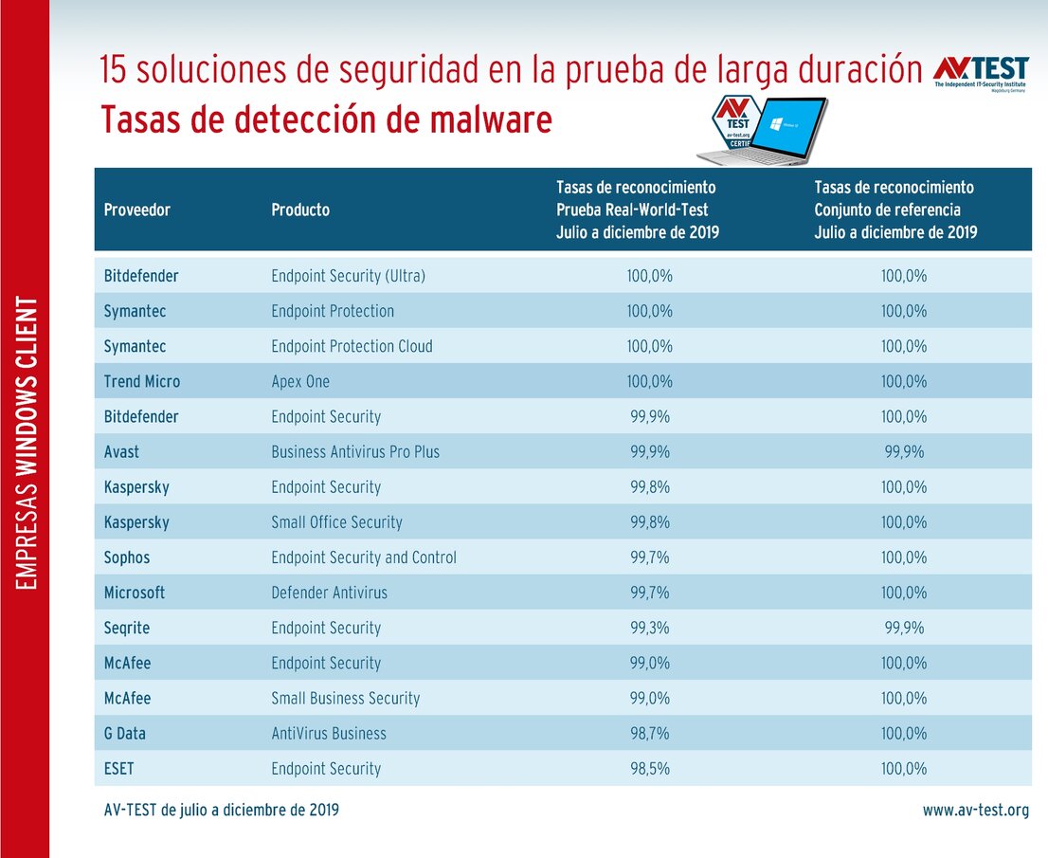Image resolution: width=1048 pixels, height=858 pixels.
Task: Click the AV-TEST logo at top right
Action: [x=980, y=73]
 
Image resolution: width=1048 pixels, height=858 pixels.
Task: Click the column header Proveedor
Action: [x=137, y=210]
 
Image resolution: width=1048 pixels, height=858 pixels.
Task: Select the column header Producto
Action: [x=300, y=210]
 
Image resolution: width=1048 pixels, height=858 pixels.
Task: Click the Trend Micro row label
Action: [x=142, y=381]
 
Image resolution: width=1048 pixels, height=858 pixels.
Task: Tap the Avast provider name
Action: [x=121, y=451]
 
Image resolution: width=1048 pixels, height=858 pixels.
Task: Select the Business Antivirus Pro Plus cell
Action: [x=355, y=451]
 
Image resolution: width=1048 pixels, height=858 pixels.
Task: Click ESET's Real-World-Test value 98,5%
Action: [x=649, y=768]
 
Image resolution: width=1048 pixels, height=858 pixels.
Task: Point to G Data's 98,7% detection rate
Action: [x=649, y=733]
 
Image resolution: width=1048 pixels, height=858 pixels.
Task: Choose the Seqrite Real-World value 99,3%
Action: [x=649, y=628]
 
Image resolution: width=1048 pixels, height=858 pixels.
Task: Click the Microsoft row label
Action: [x=135, y=593]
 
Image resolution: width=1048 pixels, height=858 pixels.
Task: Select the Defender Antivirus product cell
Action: [x=329, y=593]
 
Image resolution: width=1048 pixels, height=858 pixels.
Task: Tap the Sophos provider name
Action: [x=127, y=557]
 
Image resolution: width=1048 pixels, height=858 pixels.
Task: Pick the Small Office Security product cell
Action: [x=336, y=522]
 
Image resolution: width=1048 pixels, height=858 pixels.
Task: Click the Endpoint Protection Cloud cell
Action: [x=352, y=346]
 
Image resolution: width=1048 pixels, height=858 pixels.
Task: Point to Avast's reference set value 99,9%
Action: [x=904, y=451]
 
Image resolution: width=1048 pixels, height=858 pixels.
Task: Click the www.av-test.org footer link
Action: [x=976, y=810]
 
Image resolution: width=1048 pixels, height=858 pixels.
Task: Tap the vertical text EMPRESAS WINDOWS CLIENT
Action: [x=26, y=443]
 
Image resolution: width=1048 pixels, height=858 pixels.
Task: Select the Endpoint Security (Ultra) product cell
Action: [x=348, y=276]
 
